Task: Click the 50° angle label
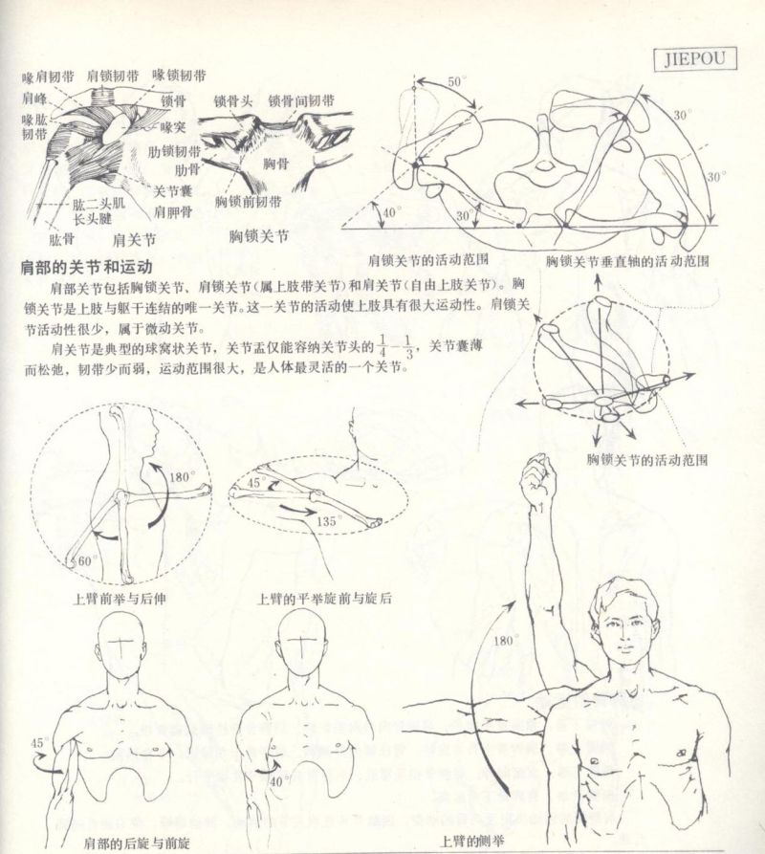pos(457,82)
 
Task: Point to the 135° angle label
pos(329,522)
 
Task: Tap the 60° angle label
pos(88,560)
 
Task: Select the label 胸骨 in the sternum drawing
pos(276,164)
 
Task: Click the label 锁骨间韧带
pos(301,100)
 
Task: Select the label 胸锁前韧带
pos(248,202)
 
